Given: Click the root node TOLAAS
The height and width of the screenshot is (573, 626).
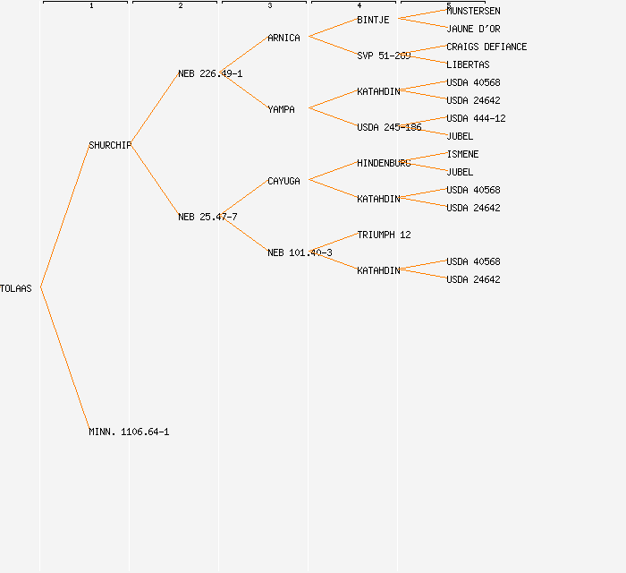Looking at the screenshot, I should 16,288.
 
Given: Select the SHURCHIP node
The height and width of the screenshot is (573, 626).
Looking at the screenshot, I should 110,145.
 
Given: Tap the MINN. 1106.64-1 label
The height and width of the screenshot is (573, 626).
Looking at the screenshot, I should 129,432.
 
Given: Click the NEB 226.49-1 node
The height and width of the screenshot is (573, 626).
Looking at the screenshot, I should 210,73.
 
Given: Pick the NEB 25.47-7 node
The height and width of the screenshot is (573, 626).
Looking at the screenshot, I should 207,217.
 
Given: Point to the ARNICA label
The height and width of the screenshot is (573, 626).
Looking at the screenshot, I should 283,38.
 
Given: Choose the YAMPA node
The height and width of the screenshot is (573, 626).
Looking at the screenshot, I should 281,109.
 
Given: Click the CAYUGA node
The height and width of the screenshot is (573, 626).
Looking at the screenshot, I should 283,181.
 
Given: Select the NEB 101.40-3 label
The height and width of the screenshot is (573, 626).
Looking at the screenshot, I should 300,252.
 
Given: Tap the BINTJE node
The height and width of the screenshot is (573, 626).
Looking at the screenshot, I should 373,20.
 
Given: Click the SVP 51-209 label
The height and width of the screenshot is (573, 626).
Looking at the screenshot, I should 384,56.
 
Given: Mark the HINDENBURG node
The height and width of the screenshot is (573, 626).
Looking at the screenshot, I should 384,163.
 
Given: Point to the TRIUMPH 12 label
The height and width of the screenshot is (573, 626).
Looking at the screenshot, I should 384,235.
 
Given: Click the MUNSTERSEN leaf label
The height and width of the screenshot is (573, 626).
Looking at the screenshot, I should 473,11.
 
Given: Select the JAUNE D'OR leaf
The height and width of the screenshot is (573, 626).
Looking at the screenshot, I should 473,29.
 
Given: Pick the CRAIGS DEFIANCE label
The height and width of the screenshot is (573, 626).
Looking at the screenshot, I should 486,47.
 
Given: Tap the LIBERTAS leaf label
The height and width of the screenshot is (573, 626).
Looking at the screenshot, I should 468,64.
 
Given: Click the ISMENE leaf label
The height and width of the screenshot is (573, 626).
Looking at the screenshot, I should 462,154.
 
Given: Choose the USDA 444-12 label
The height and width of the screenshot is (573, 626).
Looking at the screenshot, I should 476,118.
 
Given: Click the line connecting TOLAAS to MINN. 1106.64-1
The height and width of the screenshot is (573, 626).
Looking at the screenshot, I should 64,359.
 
